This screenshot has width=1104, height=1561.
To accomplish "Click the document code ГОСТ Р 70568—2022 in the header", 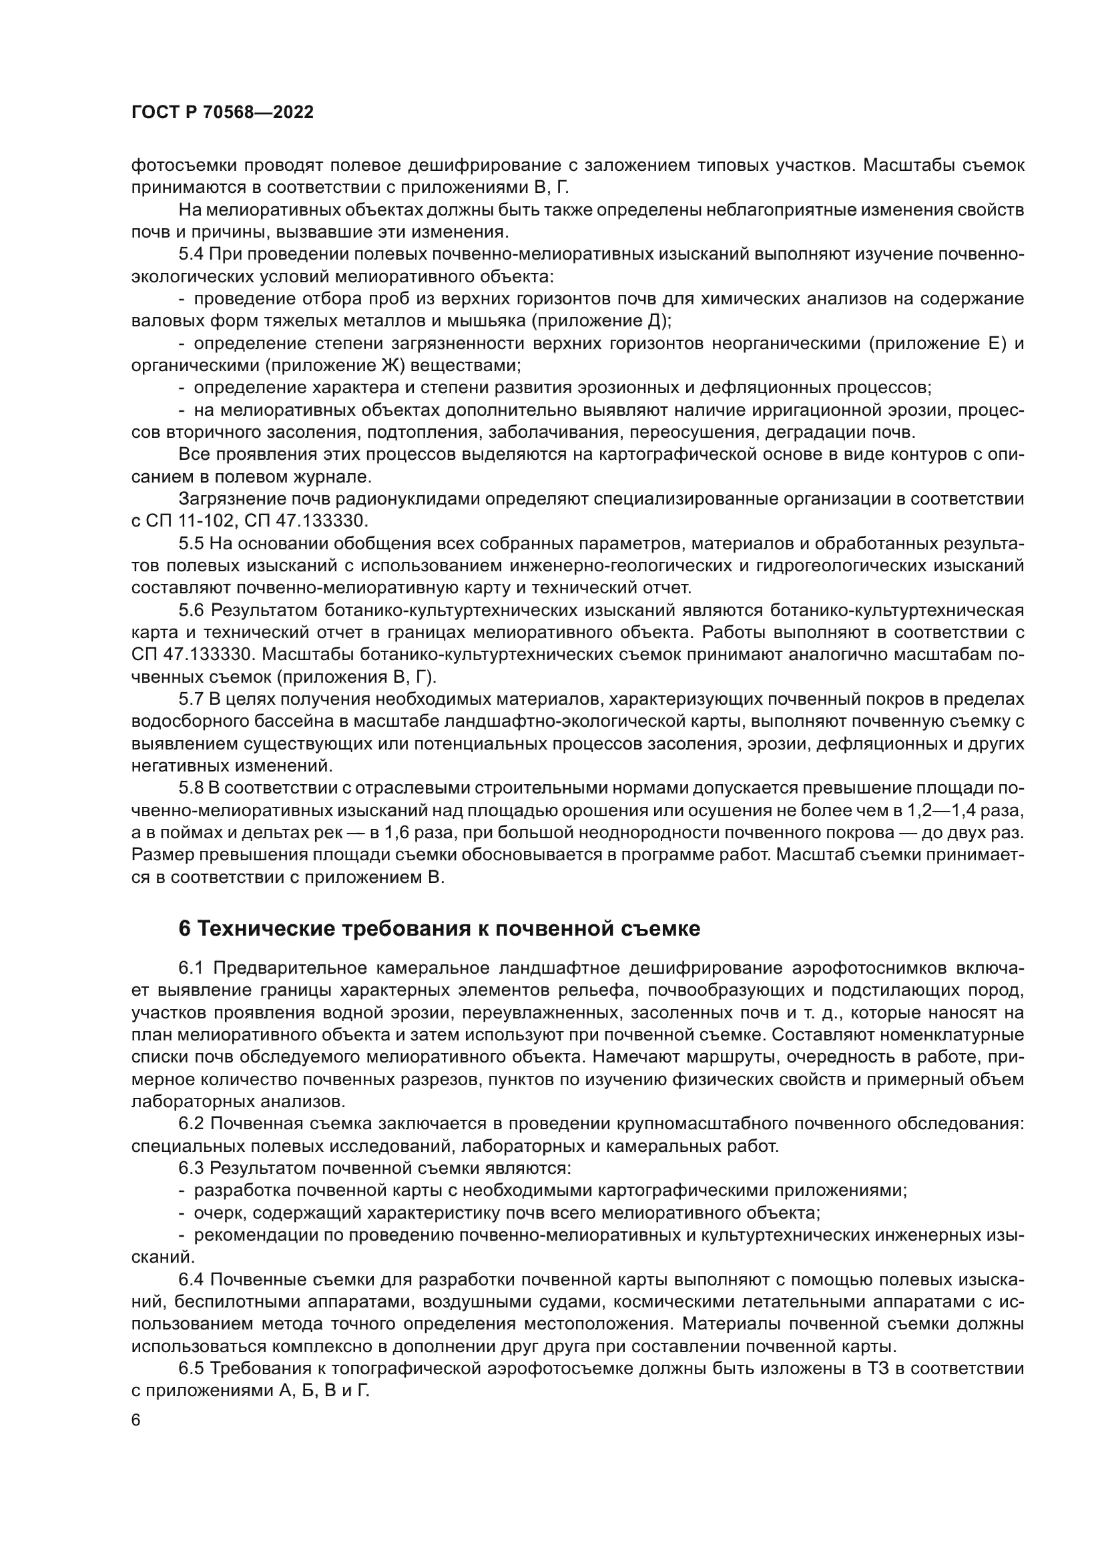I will click(222, 113).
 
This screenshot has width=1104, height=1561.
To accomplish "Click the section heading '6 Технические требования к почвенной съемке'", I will click(439, 928).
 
